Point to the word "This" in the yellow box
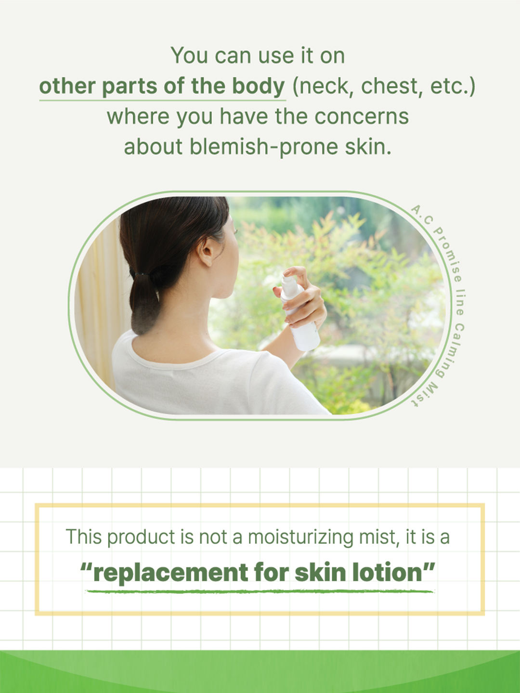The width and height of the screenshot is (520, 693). [83, 537]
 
